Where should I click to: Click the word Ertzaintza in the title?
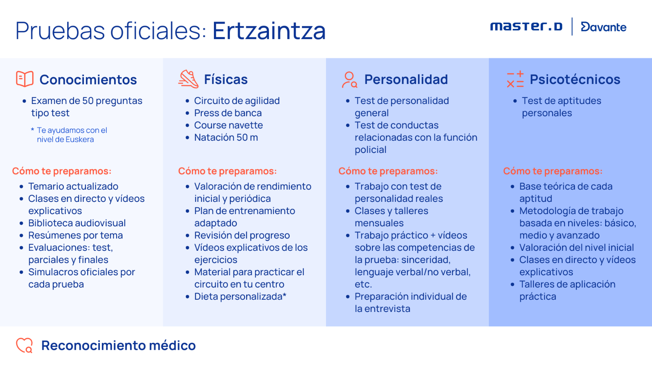pos(269,31)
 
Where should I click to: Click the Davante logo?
pos(604,27)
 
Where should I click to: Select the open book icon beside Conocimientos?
pos(25,79)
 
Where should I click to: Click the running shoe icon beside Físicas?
pos(188,79)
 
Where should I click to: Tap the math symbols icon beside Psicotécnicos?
pos(515,79)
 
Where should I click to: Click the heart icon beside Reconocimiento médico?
pos(24,345)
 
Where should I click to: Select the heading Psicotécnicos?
pos(575,79)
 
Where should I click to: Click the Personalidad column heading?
pos(406,79)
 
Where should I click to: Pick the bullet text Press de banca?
pos(228,113)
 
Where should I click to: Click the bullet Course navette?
pos(229,125)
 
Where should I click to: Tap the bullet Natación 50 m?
pos(226,137)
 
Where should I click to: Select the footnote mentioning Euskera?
pos(69,135)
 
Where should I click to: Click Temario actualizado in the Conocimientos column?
pos(73,186)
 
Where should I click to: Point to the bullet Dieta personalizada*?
pos(240,296)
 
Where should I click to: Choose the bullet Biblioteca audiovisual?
pos(77,223)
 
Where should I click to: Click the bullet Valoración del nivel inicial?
pos(577,247)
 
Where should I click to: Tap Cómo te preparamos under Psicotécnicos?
pos(553,171)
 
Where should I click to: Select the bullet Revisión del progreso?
pos(242,235)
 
